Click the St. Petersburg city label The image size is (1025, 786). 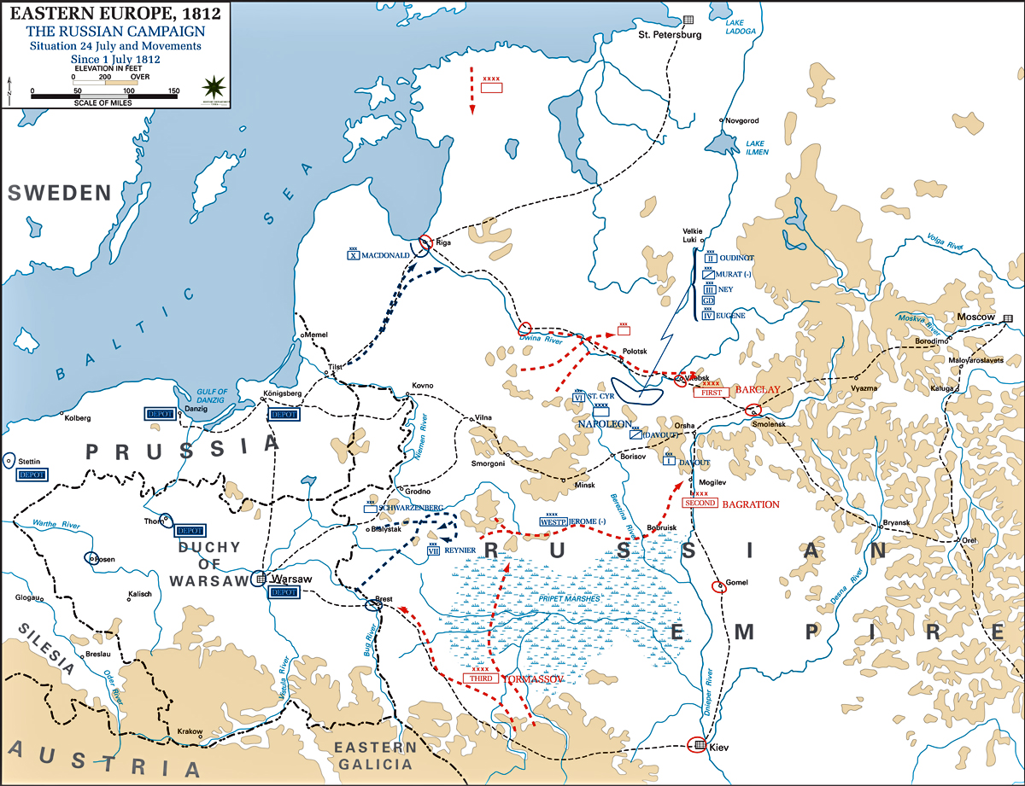[671, 35]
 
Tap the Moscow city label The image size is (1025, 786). [977, 317]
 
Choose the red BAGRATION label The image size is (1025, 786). [751, 504]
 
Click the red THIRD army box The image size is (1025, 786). [481, 678]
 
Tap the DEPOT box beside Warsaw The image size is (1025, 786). [284, 591]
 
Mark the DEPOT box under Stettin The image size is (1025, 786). [32, 475]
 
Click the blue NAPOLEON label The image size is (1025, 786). [604, 423]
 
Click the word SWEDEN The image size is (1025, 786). [61, 193]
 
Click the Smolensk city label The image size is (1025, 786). [769, 424]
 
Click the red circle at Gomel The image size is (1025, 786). [718, 585]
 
